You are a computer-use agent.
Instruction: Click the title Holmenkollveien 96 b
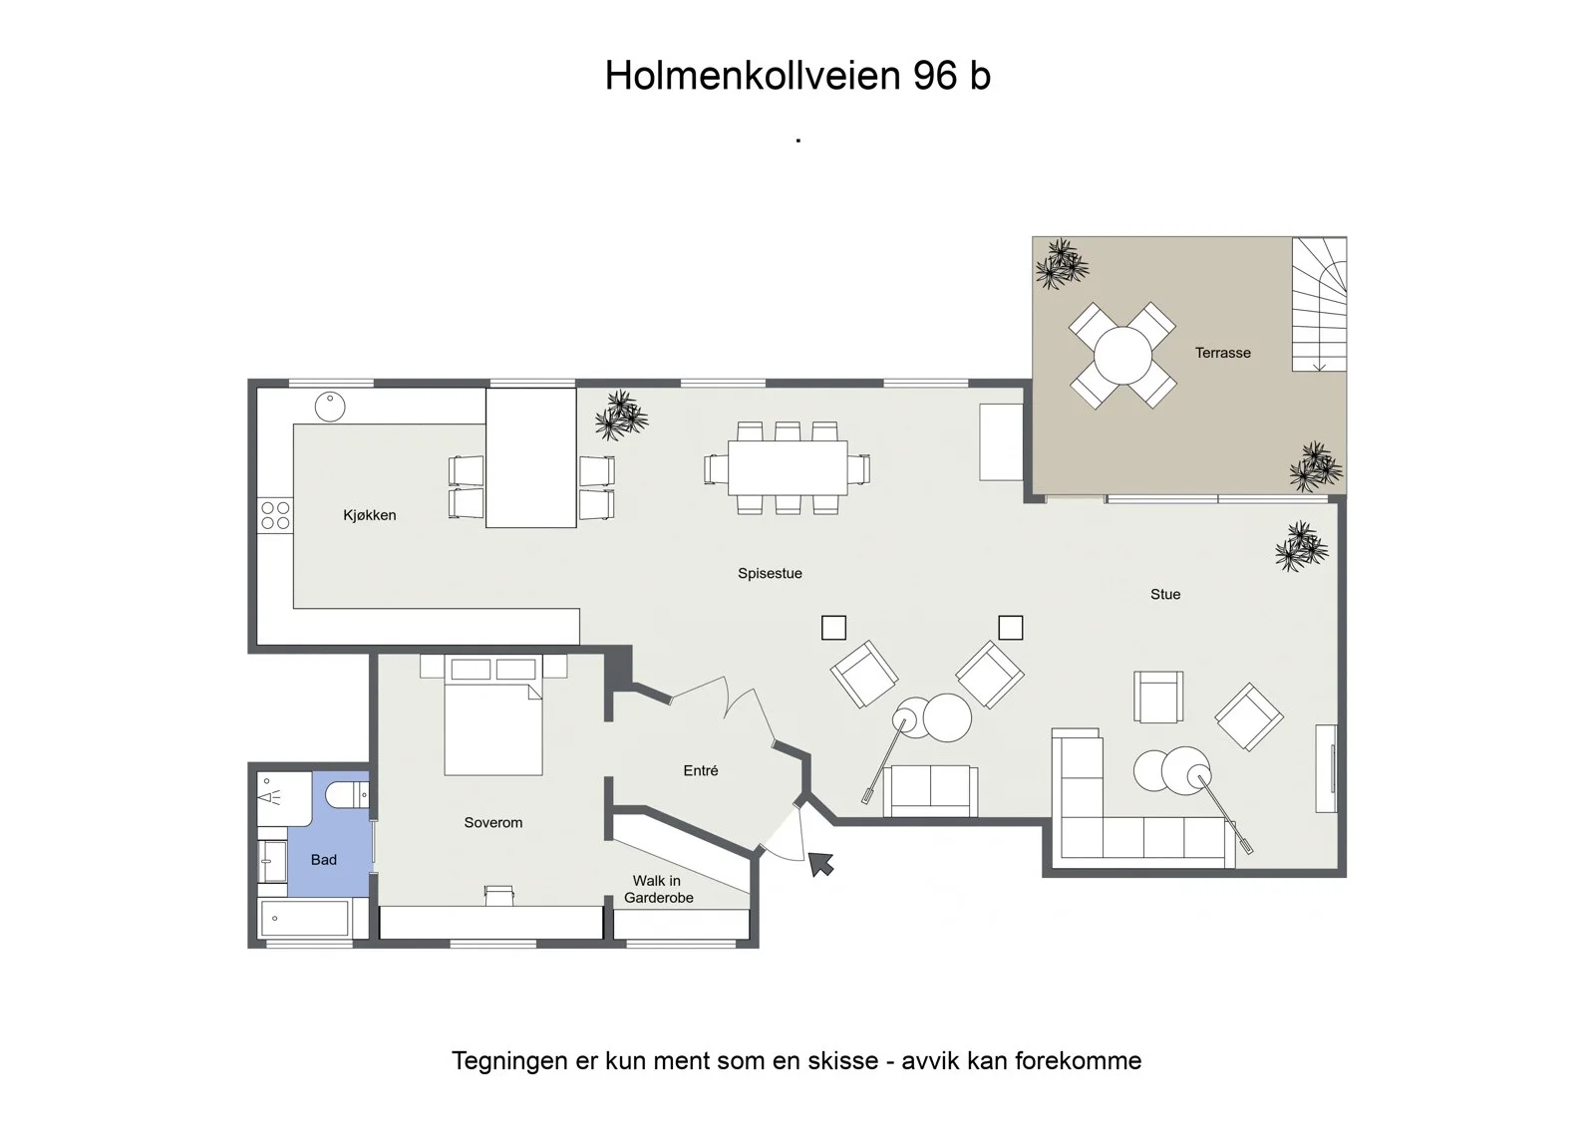pyautogui.click(x=797, y=75)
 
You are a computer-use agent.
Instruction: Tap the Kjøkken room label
pyautogui.click(x=370, y=515)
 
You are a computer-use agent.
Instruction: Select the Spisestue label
pyautogui.click(x=770, y=573)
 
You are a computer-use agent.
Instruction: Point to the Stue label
pyautogui.click(x=1165, y=595)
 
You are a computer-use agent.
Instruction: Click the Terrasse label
pyautogui.click(x=1222, y=353)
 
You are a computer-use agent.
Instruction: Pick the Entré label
pyautogui.click(x=701, y=770)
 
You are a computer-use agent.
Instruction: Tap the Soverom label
pyautogui.click(x=493, y=822)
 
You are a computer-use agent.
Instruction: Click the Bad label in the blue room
pyautogui.click(x=324, y=860)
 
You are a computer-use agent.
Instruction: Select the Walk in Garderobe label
pyautogui.click(x=658, y=889)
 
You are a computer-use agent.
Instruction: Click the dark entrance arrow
pyautogui.click(x=820, y=864)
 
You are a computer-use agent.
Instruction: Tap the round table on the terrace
pyautogui.click(x=1122, y=356)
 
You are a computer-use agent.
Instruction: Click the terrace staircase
pyautogui.click(x=1320, y=304)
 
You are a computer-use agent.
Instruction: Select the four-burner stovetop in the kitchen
pyautogui.click(x=275, y=515)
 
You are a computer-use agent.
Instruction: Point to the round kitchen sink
pyautogui.click(x=330, y=408)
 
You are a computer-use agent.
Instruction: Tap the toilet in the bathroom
pyautogui.click(x=348, y=794)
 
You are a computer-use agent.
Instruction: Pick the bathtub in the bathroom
pyautogui.click(x=305, y=919)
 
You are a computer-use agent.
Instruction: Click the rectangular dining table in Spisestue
pyautogui.click(x=788, y=467)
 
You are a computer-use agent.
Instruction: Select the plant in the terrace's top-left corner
pyautogui.click(x=1062, y=264)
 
